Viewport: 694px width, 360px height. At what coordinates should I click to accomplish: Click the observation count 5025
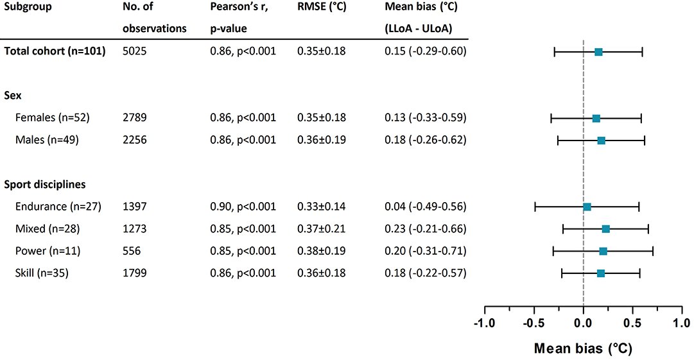pyautogui.click(x=134, y=51)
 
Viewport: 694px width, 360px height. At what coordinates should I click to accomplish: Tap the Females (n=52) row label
pyautogui.click(x=53, y=117)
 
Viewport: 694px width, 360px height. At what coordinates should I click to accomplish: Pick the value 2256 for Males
pyautogui.click(x=135, y=139)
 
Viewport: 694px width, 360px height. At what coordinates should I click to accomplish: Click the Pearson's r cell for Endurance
pyautogui.click(x=243, y=206)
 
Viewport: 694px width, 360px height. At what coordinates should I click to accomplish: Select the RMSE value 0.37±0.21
pyautogui.click(x=322, y=228)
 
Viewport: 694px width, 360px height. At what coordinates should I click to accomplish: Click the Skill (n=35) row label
pyautogui.click(x=42, y=273)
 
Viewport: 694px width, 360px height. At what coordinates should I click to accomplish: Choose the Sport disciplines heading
pyautogui.click(x=45, y=184)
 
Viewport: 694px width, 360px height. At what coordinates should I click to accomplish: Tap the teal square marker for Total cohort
pyautogui.click(x=598, y=51)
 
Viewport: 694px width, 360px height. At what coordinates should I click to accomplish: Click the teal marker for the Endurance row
pyautogui.click(x=587, y=207)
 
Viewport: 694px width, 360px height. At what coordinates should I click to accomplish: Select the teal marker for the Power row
pyautogui.click(x=603, y=251)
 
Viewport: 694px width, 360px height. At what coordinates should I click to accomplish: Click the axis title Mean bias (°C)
pyautogui.click(x=583, y=348)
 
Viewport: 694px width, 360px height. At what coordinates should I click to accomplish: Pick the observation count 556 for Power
pyautogui.click(x=132, y=251)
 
